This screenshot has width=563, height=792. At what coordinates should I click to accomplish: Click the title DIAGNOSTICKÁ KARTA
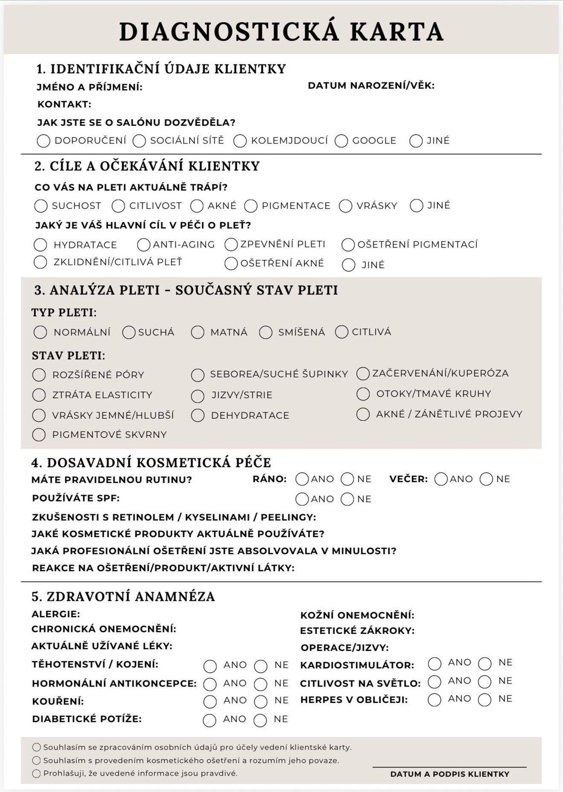(281, 32)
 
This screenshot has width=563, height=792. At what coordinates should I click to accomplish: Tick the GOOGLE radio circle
(341, 141)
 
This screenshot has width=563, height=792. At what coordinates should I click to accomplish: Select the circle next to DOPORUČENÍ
(44, 141)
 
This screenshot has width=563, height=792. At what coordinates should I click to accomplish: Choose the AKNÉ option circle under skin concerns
(197, 206)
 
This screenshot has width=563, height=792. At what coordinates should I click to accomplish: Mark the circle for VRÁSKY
(346, 206)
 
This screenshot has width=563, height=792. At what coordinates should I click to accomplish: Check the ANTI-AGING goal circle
(144, 245)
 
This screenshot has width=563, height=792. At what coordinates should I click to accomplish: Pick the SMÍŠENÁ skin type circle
(266, 333)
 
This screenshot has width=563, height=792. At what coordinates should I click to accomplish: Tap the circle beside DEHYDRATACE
(198, 416)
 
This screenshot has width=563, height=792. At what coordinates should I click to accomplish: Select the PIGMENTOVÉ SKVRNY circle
(39, 435)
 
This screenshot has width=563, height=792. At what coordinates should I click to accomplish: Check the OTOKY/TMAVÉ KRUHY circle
(363, 394)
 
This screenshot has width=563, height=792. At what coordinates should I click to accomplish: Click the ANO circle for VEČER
(441, 479)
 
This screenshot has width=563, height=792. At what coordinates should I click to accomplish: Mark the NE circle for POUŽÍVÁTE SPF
(348, 499)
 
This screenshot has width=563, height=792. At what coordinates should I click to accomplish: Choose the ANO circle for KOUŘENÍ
(210, 701)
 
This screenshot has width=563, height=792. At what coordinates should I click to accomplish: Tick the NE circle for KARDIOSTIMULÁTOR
(485, 663)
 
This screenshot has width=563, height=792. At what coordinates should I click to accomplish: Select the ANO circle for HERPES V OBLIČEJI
(435, 699)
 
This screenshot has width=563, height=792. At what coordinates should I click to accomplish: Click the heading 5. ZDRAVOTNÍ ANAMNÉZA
(123, 596)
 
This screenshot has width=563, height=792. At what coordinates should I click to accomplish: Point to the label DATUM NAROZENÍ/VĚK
(371, 86)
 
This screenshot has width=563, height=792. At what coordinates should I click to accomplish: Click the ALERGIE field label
(55, 614)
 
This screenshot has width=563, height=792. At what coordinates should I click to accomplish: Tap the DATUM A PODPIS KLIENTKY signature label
(450, 774)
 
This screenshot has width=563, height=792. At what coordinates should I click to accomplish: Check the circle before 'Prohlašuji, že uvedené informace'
(37, 773)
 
